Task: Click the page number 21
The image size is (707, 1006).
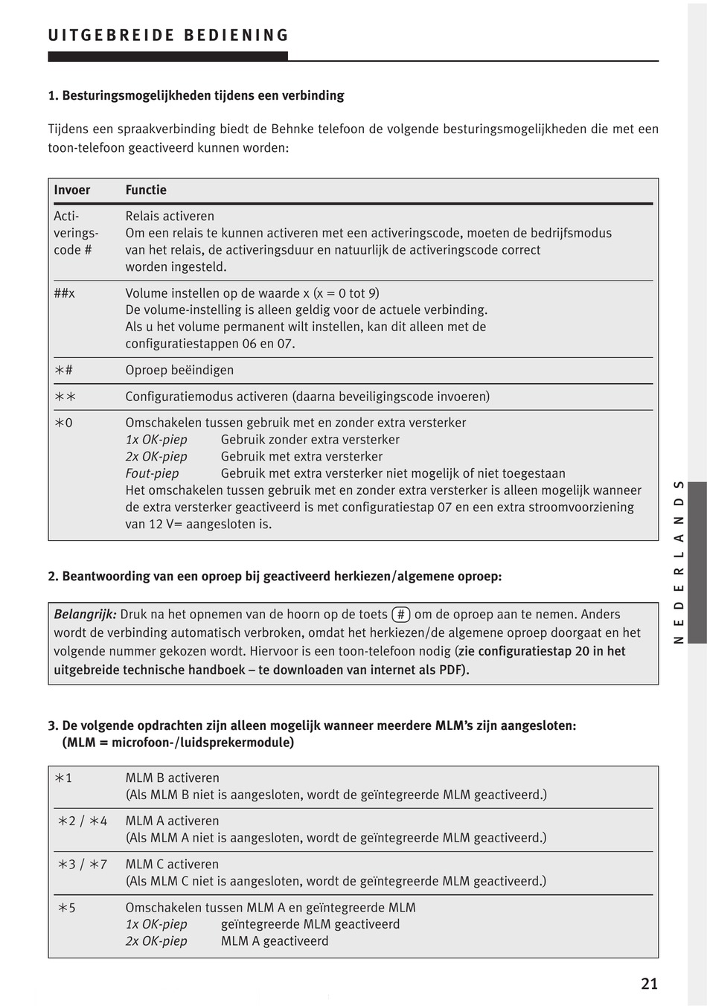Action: [649, 984]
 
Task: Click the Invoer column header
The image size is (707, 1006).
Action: [72, 190]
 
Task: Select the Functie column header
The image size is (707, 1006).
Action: [146, 190]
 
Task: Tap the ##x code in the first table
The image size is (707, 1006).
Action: [65, 293]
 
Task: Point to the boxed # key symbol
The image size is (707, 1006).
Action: [401, 615]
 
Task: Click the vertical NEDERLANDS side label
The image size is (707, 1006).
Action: [679, 562]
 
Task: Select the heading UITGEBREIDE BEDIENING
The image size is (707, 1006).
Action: [168, 36]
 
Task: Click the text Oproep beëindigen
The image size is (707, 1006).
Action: [179, 370]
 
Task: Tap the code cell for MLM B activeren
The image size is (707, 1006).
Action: [64, 778]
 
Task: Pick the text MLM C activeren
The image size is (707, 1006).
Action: [172, 864]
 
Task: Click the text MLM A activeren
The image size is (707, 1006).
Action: [172, 821]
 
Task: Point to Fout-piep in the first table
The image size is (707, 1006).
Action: [152, 473]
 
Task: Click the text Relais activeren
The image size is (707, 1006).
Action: [170, 217]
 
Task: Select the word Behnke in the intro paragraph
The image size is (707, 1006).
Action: [287, 129]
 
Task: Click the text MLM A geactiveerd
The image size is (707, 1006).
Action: [275, 941]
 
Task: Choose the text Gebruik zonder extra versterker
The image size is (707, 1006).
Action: [310, 440]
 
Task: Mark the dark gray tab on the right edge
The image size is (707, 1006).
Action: [697, 562]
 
